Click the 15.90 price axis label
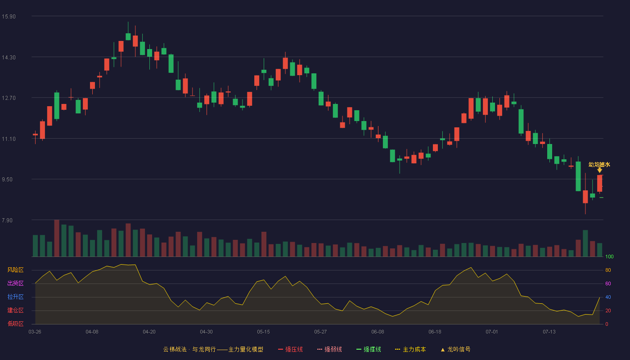coord(9,17)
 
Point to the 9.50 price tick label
coord(7,180)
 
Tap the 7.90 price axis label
coord(7,220)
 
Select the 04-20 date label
coord(149,332)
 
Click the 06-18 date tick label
coord(435,332)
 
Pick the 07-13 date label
coord(549,332)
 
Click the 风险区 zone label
coord(15,270)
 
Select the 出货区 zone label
coord(15,283)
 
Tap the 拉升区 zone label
coord(15,297)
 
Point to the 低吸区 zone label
coord(15,324)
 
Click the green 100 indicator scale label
coord(609,256)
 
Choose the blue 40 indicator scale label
coord(608,297)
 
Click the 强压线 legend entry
coord(290,349)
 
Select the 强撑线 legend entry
coord(369,349)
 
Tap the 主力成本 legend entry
coord(410,349)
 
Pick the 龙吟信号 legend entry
coord(455,349)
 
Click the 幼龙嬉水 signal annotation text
coord(599,165)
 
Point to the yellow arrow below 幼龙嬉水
coord(599,170)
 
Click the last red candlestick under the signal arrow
coord(599,184)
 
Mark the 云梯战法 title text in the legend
coord(175,349)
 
